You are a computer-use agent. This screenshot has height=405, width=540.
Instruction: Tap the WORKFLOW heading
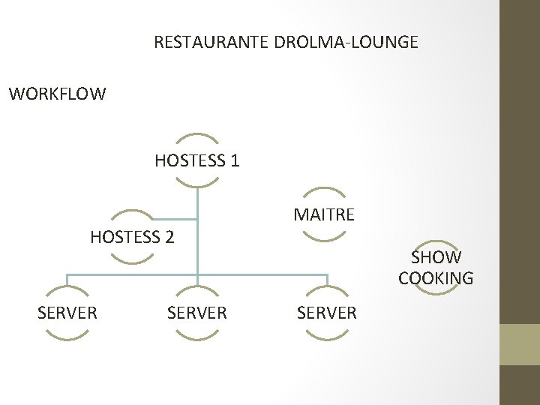pos(58,94)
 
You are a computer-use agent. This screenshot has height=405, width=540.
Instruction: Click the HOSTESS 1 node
pos(196,160)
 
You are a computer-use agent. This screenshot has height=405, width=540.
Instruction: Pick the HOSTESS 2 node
pos(132,238)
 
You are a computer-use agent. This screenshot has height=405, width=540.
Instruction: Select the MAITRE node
pos(324,215)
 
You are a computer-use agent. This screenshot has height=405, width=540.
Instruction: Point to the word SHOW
pos(436,257)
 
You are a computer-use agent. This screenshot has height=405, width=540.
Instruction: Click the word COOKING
pos(436,278)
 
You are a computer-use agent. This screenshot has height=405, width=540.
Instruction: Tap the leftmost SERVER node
pos(67,313)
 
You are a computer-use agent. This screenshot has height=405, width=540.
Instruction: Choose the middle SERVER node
pos(197,313)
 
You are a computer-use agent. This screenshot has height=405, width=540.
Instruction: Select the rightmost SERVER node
pos(327,313)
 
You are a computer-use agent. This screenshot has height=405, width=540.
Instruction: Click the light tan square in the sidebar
pos(520,344)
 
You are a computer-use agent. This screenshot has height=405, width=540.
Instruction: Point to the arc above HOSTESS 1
pos(196,137)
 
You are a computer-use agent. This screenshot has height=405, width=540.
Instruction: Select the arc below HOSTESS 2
pos(132,260)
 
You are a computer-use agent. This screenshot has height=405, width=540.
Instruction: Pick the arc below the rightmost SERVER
pos(327,337)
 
